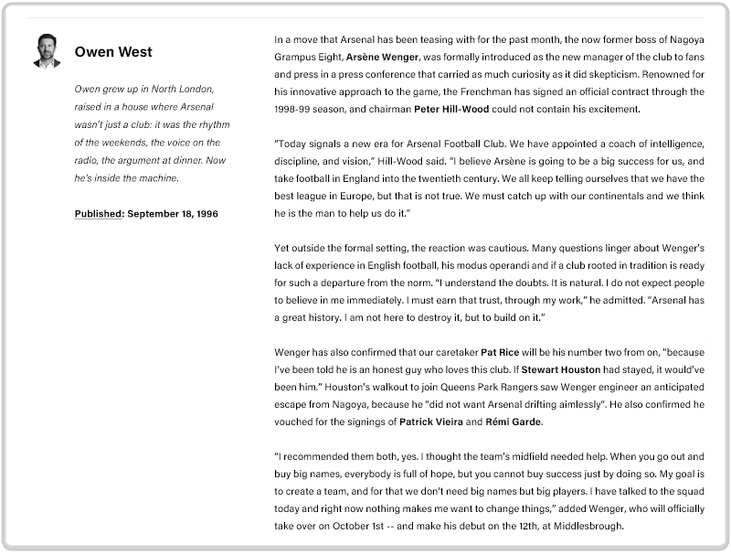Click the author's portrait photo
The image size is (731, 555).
pyautogui.click(x=47, y=51)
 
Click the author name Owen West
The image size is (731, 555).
pyautogui.click(x=113, y=52)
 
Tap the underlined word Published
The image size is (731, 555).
pyautogui.click(x=99, y=214)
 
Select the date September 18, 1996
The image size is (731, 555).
pyautogui.click(x=173, y=214)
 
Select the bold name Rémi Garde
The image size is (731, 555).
pyautogui.click(x=515, y=422)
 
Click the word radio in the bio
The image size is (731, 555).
pyautogui.click(x=89, y=160)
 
